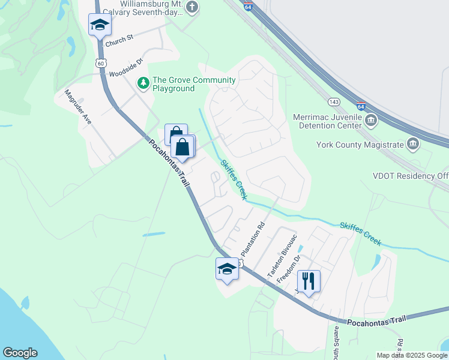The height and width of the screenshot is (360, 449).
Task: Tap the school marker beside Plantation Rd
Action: [x=228, y=269]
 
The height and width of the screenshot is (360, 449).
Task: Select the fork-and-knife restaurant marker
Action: [x=309, y=281]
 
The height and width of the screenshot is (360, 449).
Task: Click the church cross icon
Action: [x=191, y=8]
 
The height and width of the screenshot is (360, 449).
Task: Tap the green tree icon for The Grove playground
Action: [x=143, y=83]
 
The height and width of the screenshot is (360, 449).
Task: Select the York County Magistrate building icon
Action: [x=413, y=143]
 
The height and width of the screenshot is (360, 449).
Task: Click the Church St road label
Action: [x=118, y=40]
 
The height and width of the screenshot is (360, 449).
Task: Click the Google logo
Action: [x=20, y=353]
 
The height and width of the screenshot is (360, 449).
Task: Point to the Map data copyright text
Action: [x=411, y=355]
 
